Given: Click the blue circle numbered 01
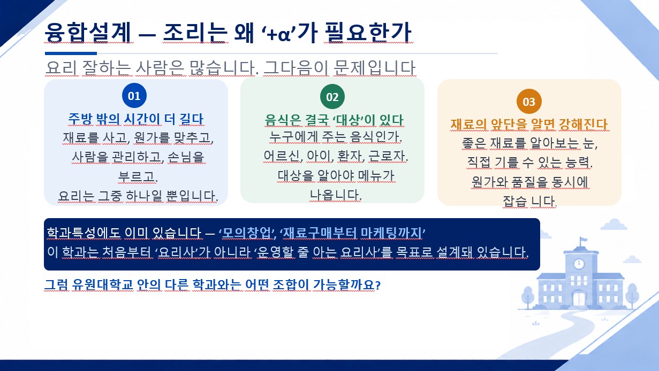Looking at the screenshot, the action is pos(134,96).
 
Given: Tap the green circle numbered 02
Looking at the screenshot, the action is pos(332,97).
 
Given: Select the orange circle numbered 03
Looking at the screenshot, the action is pos(529,102).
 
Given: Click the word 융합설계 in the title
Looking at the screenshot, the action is pos(88,32).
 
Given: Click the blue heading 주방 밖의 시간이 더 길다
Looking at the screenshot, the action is pos(136,119).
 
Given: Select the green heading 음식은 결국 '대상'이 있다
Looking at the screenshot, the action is pos(334,120).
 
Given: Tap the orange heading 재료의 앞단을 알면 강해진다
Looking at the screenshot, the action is pos(529,124).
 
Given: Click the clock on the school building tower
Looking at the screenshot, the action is pos(579,263).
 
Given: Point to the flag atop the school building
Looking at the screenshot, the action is pos(583,241).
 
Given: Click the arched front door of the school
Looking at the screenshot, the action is pos(579,299).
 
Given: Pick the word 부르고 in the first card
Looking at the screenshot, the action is pos(138,176).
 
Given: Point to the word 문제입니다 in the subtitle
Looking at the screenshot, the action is pos(374,67).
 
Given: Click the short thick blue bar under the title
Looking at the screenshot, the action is pos(71,53).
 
